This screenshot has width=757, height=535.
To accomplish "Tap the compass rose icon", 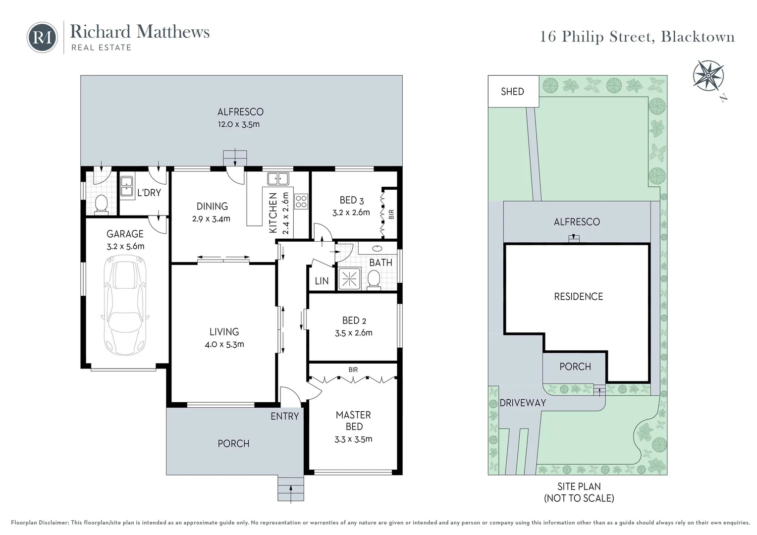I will (708, 75).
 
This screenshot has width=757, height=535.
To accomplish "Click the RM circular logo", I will (43, 37).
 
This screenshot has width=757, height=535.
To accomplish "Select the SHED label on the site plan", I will (512, 92).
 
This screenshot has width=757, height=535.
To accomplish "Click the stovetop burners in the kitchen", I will (301, 201).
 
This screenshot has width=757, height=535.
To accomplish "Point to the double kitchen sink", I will (278, 178).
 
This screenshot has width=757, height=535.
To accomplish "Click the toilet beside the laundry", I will (102, 203).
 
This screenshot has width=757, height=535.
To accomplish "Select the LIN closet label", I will (322, 281).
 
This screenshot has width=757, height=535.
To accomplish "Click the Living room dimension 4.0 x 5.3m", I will (224, 344).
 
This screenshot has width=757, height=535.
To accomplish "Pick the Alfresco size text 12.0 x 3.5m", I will (239, 124).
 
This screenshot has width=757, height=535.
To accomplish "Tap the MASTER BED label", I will (353, 421).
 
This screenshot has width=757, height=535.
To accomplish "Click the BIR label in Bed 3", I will (391, 214).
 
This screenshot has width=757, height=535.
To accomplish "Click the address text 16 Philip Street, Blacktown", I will (637, 37).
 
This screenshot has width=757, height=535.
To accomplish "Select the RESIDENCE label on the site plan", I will (578, 297).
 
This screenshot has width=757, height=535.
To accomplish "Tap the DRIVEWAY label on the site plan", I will (522, 403).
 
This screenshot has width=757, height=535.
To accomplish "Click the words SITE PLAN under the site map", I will (579, 486).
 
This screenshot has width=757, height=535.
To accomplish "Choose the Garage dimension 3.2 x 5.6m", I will (125, 246).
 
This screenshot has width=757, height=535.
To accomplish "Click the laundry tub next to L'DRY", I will (126, 187).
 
